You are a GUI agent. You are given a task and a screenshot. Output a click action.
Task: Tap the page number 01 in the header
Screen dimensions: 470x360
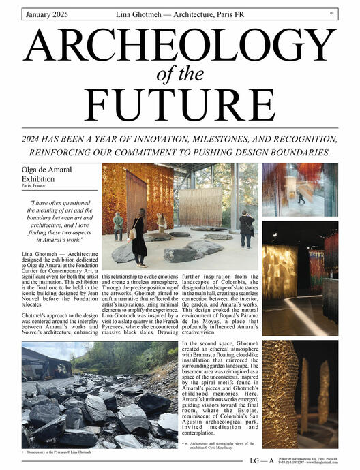(x=331, y=12)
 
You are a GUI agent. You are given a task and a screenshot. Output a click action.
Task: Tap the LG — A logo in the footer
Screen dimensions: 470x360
(x=262, y=460)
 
